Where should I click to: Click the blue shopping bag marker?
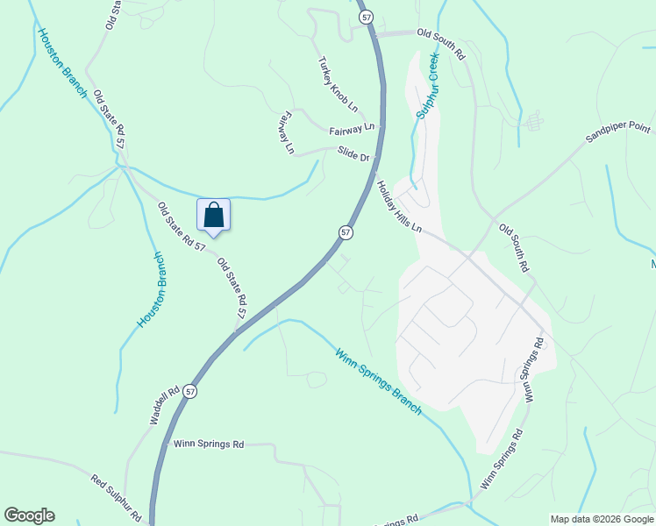214,215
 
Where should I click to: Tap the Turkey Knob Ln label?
339,84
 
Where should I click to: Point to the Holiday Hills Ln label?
400,207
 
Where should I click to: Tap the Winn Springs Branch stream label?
378,381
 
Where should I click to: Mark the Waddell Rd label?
164,405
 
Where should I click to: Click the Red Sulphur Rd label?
117,497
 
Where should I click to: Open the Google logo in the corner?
29,515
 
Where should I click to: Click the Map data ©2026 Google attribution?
603,519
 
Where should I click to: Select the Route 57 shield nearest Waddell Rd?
191,393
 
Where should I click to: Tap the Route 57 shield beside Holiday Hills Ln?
346,232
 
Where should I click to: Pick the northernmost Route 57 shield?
365,18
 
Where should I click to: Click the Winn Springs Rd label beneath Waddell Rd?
208,444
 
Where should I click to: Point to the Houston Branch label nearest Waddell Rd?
150,290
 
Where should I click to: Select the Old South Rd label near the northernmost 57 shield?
441,43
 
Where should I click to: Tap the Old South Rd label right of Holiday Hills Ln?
515,247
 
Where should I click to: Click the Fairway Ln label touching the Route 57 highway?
352,130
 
